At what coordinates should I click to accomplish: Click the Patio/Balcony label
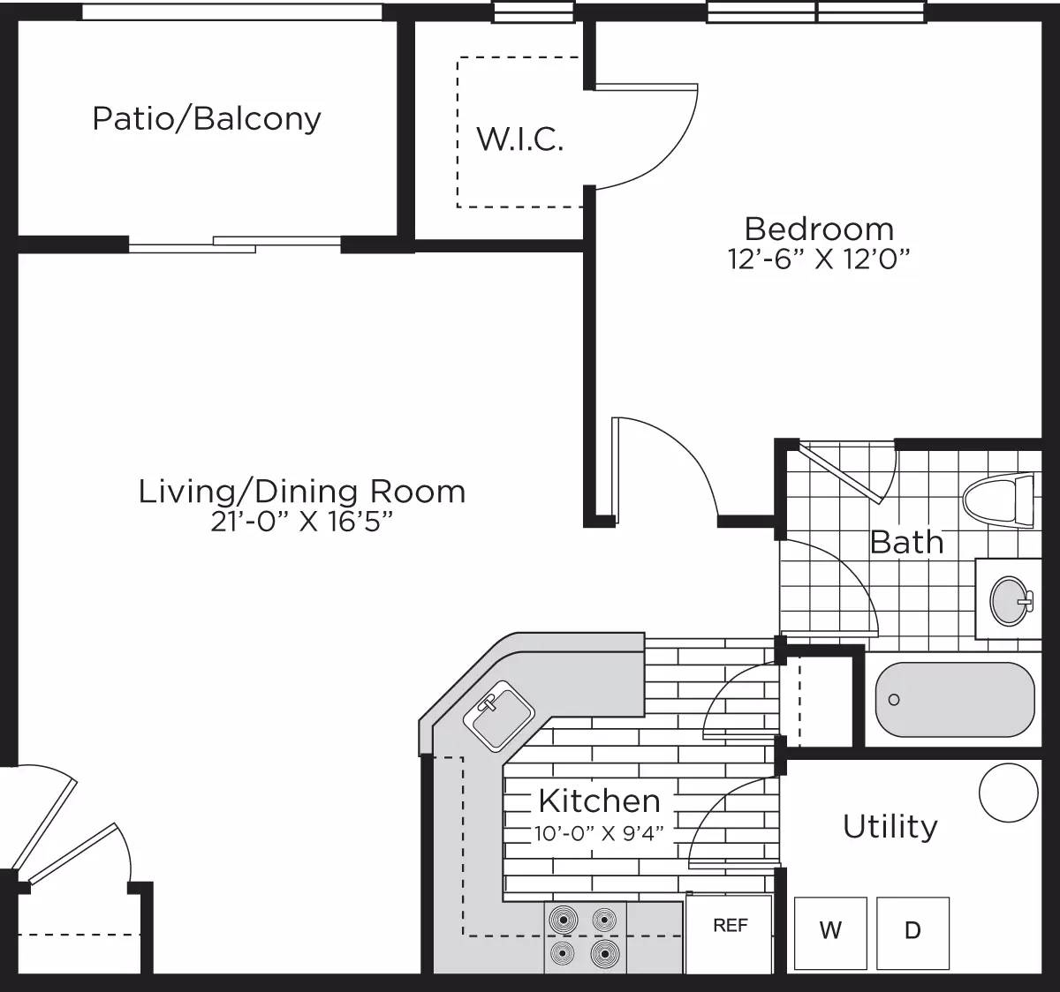[207, 118]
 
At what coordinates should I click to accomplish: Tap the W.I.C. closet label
[519, 139]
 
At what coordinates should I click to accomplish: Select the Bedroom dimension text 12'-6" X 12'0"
[819, 259]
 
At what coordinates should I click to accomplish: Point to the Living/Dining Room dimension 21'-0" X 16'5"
[301, 522]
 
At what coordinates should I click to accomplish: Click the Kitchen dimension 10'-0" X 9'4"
[598, 832]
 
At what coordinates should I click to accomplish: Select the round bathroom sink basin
[1011, 600]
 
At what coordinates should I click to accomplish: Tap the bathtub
[954, 699]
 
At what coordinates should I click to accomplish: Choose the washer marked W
[830, 932]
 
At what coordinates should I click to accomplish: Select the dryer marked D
[912, 932]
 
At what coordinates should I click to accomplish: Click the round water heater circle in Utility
[1009, 792]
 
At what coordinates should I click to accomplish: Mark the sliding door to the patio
[235, 244]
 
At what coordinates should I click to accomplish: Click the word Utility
[890, 827]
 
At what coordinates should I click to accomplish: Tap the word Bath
[906, 542]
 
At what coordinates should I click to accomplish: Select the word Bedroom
[819, 229]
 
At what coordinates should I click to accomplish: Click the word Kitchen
[599, 800]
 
